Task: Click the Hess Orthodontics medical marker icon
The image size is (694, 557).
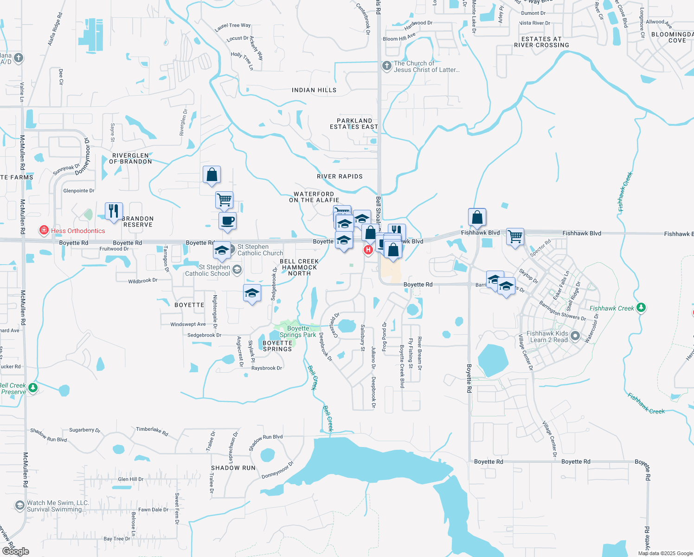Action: [x=44, y=230]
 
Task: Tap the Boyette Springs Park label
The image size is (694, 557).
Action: [x=298, y=331]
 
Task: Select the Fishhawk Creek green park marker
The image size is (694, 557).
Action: [x=641, y=307]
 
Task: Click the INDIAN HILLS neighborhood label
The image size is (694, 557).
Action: [x=314, y=90]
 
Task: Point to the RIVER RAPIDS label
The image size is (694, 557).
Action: [x=340, y=176]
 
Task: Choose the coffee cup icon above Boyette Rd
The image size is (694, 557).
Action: [x=227, y=221]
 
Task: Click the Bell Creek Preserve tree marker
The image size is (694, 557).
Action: [x=32, y=388]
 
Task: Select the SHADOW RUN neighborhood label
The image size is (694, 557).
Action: [x=233, y=468]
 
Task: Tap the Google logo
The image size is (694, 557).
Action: [x=15, y=551]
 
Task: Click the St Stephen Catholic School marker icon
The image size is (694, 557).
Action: [x=237, y=269]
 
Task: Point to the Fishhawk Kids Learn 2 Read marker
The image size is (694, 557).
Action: [x=575, y=336]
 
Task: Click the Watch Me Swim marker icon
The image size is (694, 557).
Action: [x=19, y=505]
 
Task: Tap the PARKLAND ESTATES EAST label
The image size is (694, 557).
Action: [x=354, y=123]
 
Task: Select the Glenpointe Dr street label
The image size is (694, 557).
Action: [x=79, y=191]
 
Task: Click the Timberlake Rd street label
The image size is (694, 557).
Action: [x=152, y=430]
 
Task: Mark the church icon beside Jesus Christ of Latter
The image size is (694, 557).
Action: [x=386, y=66]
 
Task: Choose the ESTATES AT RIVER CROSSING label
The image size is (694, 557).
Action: [x=541, y=42]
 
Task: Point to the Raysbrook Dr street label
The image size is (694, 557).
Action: [x=267, y=368]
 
